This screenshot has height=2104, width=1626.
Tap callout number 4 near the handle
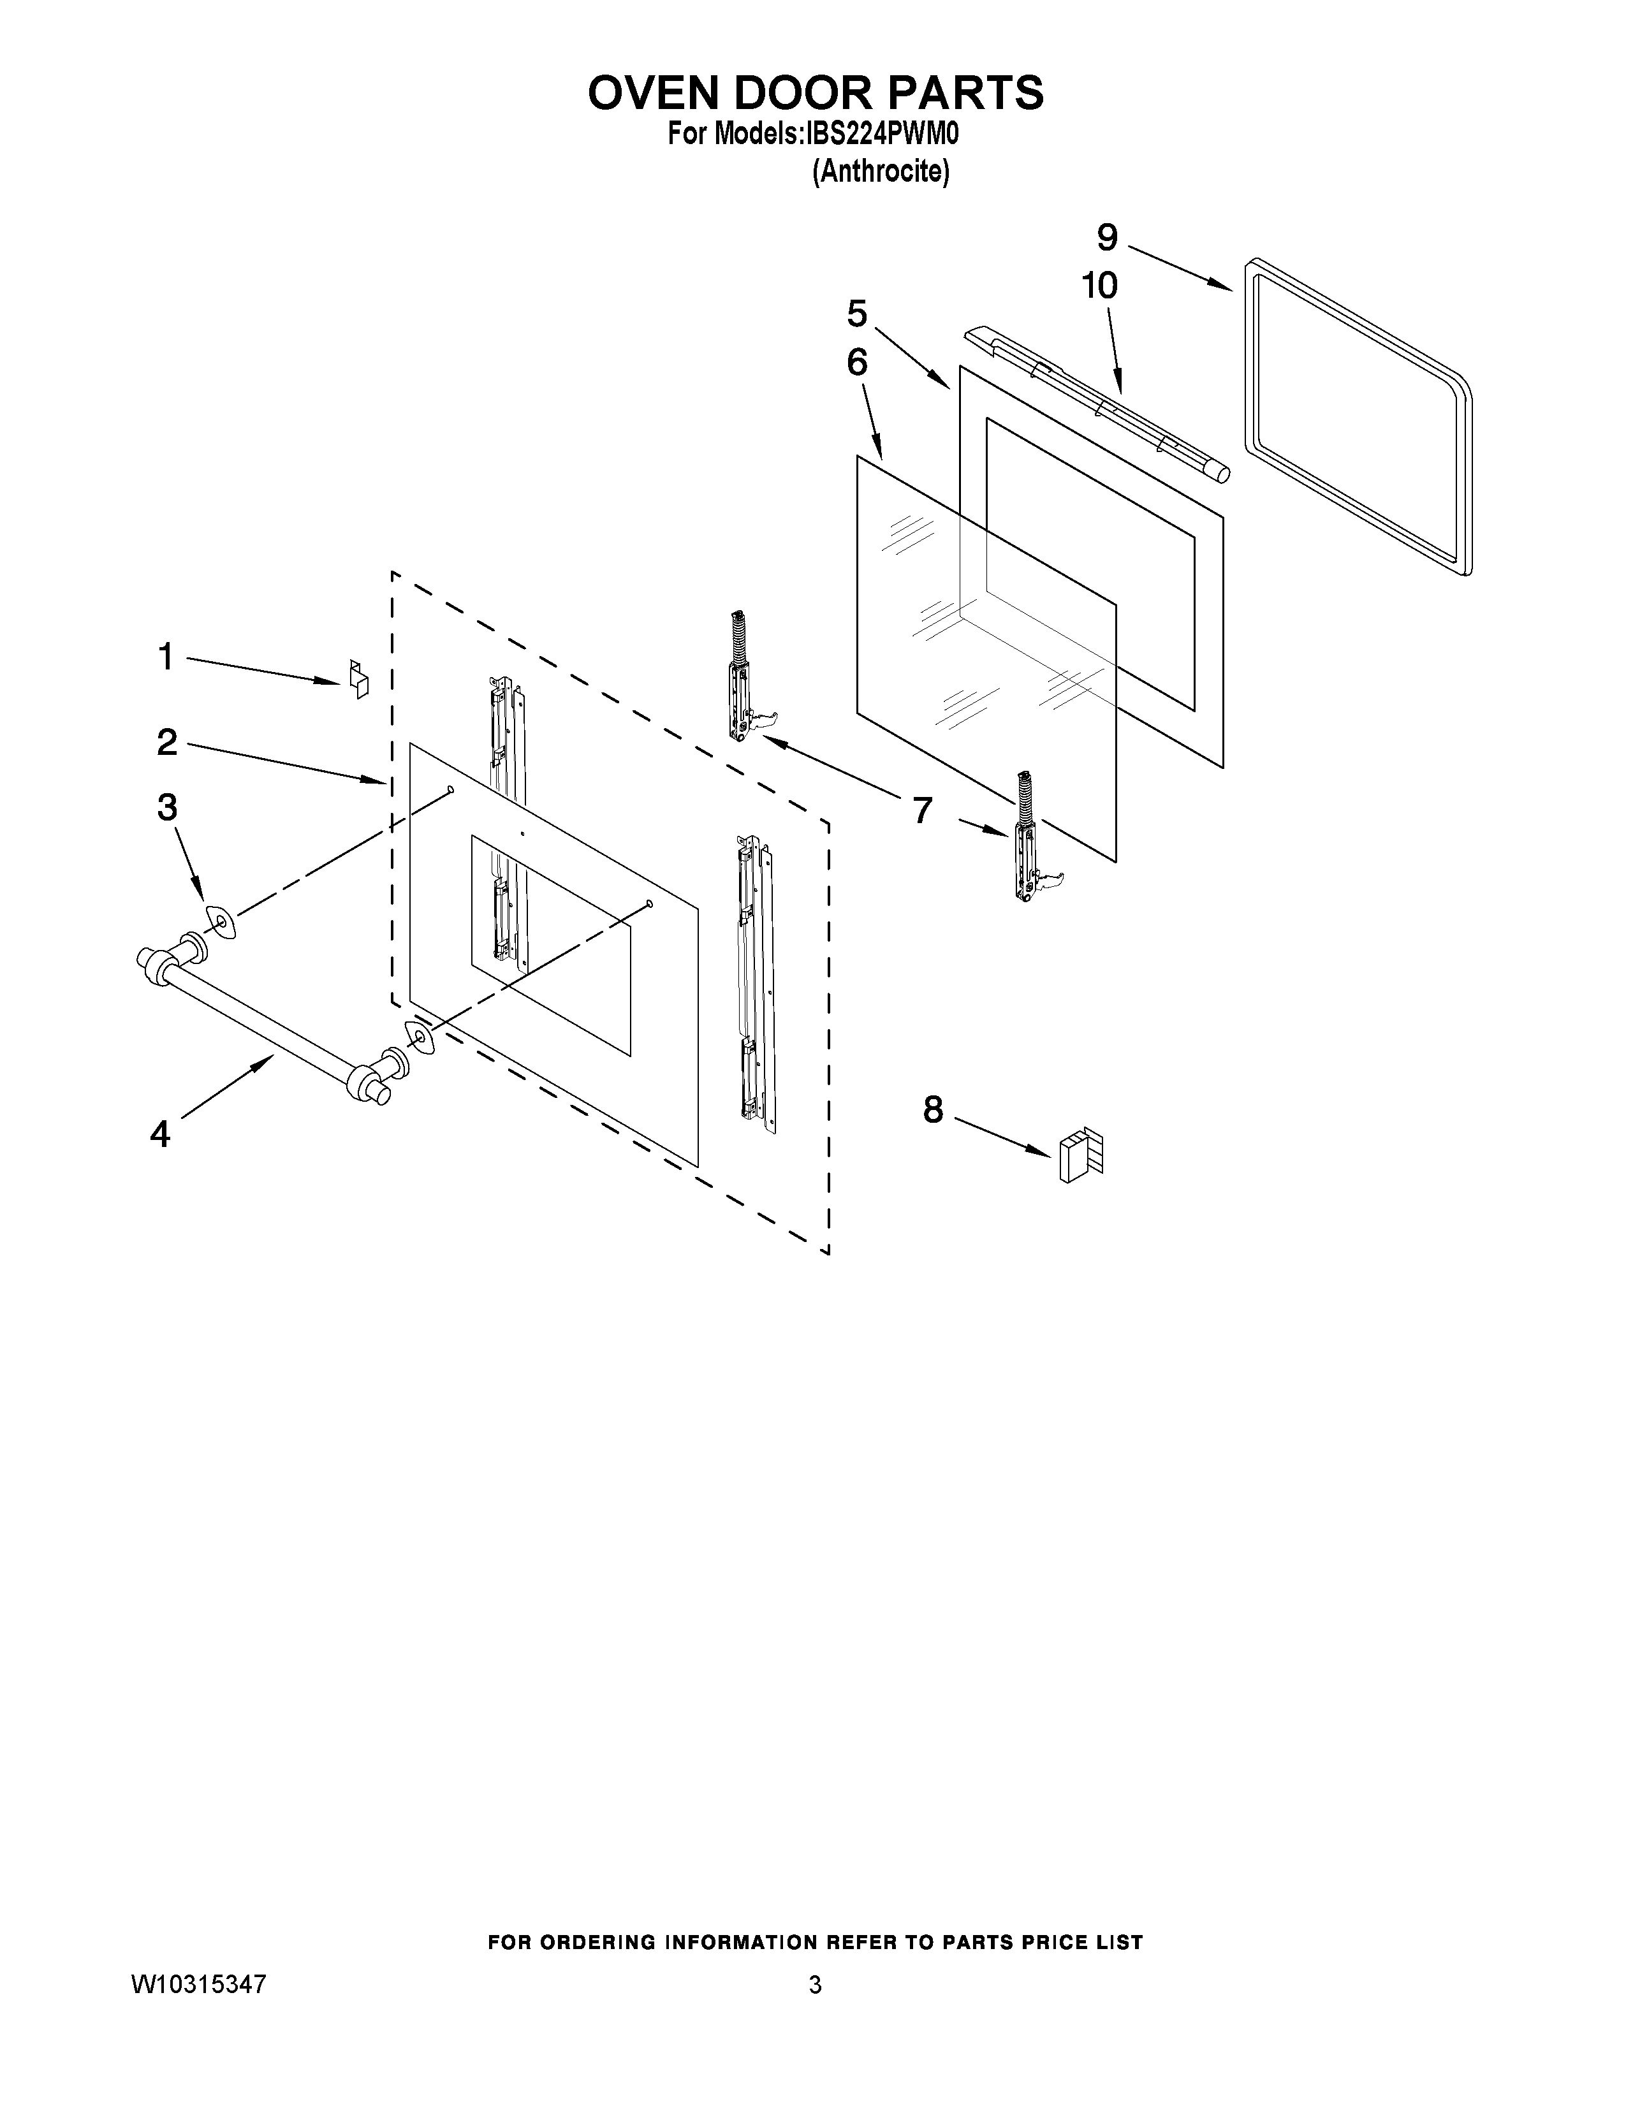[160, 1134]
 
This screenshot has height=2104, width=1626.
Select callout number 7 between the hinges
[922, 810]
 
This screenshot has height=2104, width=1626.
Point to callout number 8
[932, 1110]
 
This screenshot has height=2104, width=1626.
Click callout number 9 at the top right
[1107, 237]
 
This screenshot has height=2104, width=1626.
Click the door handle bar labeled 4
[260, 1021]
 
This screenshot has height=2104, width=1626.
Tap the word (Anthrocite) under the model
[881, 172]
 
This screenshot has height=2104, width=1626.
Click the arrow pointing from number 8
[1001, 1136]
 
